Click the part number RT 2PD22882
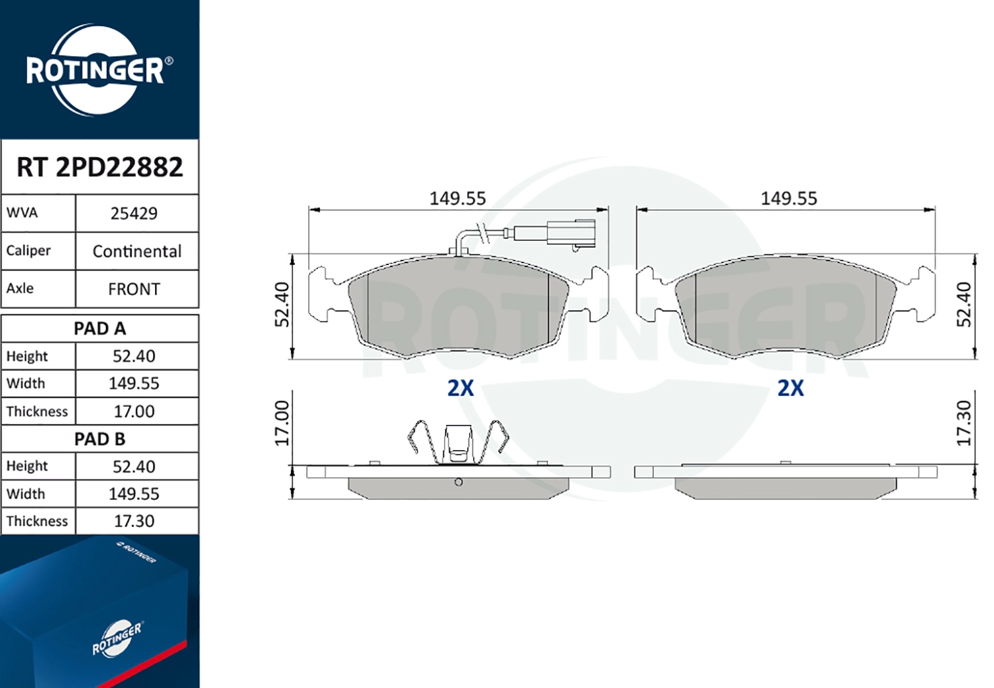click(x=99, y=167)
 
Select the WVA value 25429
click(x=134, y=213)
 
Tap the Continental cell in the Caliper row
click(x=137, y=251)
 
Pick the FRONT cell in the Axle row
click(x=134, y=289)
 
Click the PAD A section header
click(x=99, y=328)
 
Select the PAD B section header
click(x=99, y=439)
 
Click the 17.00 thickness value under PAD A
click(x=134, y=411)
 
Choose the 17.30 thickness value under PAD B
click(x=134, y=521)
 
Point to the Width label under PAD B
click(x=26, y=494)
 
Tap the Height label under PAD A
click(x=27, y=356)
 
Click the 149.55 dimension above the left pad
click(x=457, y=198)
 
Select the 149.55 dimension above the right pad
click(x=789, y=198)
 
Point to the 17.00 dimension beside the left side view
click(x=282, y=423)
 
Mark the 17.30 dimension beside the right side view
click(x=964, y=423)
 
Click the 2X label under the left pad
click(x=461, y=388)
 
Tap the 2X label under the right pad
click(x=791, y=388)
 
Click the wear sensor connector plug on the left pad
click(x=571, y=234)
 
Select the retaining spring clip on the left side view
click(x=458, y=441)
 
